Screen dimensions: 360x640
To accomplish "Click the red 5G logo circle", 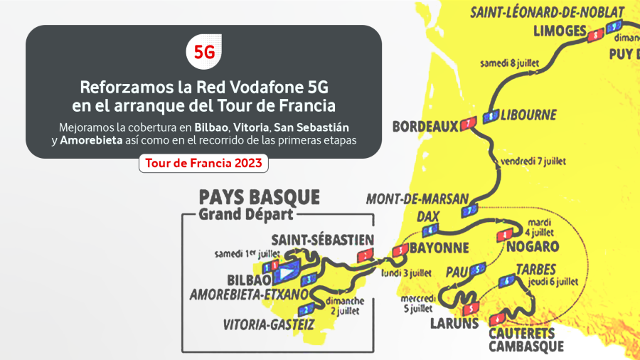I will [204, 52].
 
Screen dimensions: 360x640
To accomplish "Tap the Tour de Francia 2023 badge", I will [203, 164].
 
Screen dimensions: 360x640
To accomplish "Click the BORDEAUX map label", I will [425, 126].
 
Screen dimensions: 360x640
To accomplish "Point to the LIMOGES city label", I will [559, 31].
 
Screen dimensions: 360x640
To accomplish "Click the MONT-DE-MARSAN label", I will [417, 198].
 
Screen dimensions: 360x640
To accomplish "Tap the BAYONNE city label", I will [438, 248].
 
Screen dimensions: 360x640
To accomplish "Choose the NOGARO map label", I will [533, 247].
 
